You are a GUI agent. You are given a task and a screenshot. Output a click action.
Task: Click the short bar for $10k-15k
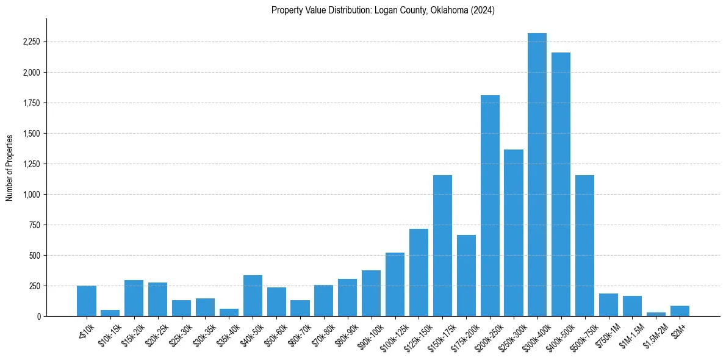click(x=110, y=313)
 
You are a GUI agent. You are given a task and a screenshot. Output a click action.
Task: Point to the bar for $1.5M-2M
click(x=656, y=314)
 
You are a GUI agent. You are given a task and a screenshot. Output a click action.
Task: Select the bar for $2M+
click(x=680, y=311)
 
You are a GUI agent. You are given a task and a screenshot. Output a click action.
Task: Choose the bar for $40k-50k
click(x=253, y=295)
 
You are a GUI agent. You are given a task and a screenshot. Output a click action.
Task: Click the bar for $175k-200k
click(x=466, y=275)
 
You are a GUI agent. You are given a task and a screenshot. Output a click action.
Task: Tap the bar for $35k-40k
click(x=229, y=312)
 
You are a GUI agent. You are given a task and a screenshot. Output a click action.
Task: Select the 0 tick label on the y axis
click(x=39, y=316)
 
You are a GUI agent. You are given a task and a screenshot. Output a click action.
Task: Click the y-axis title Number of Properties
click(x=9, y=167)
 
